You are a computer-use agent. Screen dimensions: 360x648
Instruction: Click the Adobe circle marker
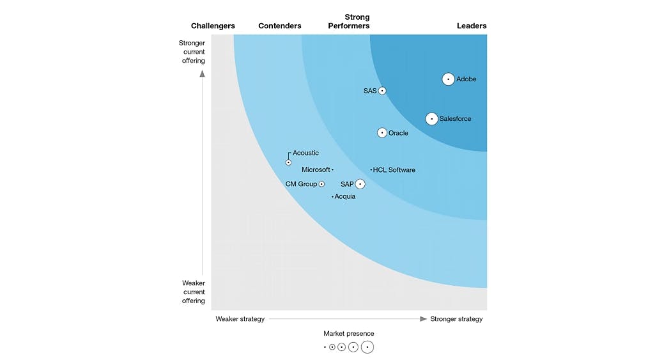449,79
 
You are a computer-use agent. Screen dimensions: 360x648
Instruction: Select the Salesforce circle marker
432,119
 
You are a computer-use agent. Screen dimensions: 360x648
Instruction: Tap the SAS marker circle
382,91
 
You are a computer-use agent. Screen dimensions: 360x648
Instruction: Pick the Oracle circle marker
382,133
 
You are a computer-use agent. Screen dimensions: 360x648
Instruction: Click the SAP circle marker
360,184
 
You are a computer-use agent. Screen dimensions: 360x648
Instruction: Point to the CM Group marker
321,184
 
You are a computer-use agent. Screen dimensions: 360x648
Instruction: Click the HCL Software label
394,170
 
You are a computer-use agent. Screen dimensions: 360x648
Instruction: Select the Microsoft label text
316,170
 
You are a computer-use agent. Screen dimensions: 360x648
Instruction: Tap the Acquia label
345,197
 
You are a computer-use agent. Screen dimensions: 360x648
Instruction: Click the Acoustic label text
305,153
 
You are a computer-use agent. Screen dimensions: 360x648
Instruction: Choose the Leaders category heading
472,26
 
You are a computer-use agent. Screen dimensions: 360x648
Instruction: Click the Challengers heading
213,26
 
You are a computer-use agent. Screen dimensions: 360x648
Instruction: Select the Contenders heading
280,26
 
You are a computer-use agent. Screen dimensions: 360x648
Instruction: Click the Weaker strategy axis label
240,319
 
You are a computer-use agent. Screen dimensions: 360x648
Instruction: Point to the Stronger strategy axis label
456,319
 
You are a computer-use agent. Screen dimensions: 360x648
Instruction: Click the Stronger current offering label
192,52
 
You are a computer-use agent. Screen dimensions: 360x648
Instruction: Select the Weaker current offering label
193,292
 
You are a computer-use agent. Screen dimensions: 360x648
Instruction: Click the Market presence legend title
349,334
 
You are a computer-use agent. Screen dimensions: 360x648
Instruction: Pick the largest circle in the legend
367,347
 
